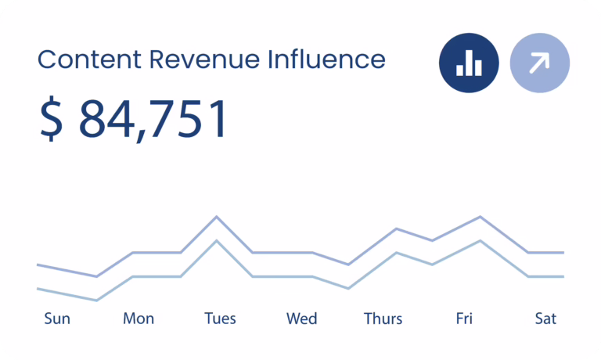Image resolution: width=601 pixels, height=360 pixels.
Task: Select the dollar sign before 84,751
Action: click(52, 118)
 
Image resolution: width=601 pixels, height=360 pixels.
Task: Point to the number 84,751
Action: click(153, 119)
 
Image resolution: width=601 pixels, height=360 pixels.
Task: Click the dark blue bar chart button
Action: click(469, 63)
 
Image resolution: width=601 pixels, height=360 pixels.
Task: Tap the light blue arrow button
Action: click(540, 63)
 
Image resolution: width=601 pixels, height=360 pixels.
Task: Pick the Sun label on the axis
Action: click(57, 319)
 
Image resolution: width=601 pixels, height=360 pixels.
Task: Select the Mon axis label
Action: click(139, 319)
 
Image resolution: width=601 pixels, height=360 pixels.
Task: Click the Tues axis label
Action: click(220, 319)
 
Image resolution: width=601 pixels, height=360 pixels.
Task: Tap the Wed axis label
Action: click(301, 319)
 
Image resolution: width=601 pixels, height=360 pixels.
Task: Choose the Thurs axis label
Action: click(383, 319)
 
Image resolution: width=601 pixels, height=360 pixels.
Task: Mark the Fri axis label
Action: click(464, 319)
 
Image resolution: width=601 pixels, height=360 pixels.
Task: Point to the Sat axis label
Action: click(545, 319)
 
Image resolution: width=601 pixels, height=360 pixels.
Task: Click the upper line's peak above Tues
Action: click(217, 217)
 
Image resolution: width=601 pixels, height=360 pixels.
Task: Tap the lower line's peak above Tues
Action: click(217, 241)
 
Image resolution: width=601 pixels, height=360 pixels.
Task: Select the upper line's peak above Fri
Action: click(480, 217)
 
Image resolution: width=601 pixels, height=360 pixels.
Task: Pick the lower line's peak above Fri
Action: click(480, 241)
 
